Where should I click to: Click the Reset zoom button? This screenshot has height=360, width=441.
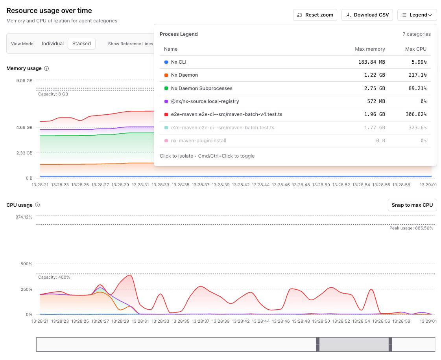(x=315, y=15)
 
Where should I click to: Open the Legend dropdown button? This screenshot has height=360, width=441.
(x=417, y=15)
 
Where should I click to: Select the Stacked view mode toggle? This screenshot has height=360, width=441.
(x=81, y=44)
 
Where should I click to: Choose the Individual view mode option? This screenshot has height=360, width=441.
(x=53, y=44)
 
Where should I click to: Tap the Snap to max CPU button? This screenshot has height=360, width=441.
(x=412, y=205)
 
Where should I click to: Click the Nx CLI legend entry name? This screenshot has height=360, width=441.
(x=179, y=62)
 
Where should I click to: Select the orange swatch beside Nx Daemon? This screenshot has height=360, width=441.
(x=166, y=75)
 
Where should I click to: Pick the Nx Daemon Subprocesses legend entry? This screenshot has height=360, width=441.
(x=201, y=88)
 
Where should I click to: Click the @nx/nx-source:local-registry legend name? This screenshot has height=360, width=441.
(x=205, y=101)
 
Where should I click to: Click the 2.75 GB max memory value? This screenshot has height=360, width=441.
(x=375, y=88)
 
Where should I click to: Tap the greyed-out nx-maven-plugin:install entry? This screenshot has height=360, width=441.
(x=198, y=141)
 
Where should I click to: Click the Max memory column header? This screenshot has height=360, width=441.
(x=370, y=49)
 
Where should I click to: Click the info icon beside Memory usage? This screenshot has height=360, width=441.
(x=46, y=68)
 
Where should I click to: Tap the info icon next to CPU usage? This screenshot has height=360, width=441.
(x=38, y=205)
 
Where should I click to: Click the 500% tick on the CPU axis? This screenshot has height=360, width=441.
(x=26, y=264)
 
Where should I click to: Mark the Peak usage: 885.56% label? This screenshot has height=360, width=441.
(x=411, y=228)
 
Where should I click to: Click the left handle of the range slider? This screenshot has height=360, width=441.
(x=317, y=344)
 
